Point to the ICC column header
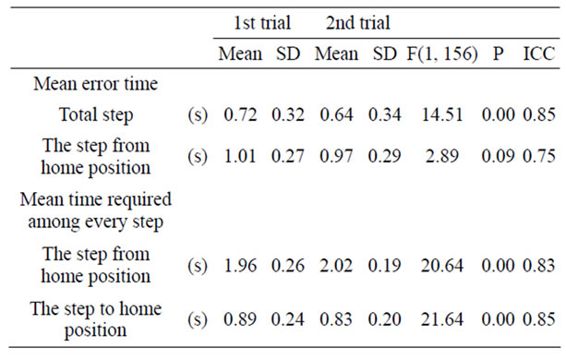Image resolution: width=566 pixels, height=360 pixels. click(536, 54)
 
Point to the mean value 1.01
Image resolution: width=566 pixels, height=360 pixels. click(239, 159)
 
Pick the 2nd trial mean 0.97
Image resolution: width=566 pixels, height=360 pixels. click(336, 159)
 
